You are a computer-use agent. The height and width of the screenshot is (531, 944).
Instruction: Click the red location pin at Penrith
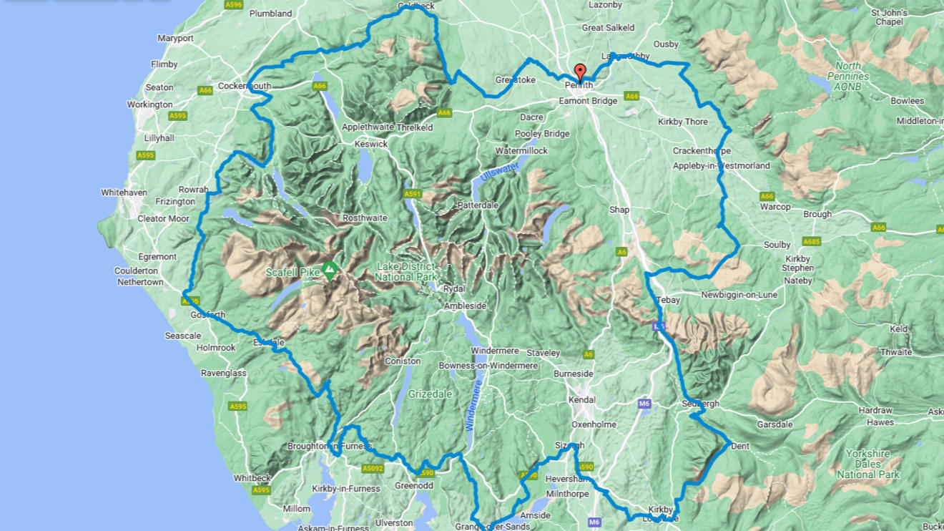580,72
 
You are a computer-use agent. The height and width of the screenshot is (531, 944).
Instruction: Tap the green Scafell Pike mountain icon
329,271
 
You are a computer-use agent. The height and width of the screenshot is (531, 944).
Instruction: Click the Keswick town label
371,144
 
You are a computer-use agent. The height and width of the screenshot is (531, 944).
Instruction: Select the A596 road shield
234,4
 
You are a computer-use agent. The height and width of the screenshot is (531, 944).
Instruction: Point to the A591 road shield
413,194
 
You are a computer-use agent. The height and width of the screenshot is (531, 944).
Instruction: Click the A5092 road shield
373,469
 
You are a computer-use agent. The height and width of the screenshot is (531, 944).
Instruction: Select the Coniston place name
403,361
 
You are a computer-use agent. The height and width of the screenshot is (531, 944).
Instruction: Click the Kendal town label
581,399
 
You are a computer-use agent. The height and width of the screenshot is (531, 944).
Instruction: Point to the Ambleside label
465,306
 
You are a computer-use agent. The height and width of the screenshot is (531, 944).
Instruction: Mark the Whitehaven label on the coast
124,193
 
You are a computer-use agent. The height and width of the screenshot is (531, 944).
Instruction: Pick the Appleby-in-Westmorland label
721,166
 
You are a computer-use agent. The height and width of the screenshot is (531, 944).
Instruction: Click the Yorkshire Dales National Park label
867,464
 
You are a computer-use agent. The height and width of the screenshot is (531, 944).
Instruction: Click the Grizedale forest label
431,394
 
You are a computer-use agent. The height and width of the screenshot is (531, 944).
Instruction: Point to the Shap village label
619,210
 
